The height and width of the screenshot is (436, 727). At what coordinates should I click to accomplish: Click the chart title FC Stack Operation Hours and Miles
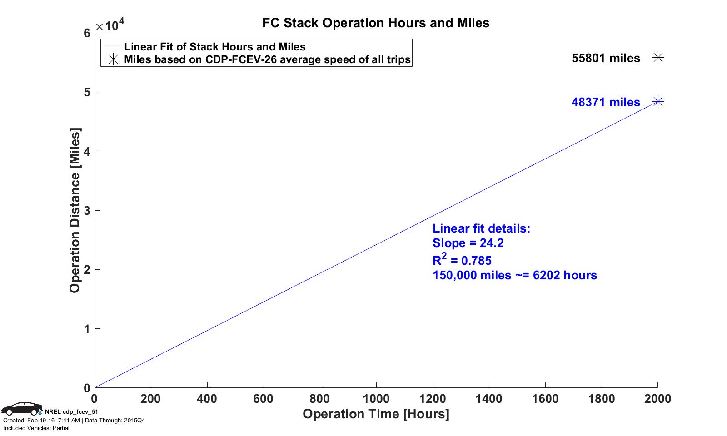tap(376, 23)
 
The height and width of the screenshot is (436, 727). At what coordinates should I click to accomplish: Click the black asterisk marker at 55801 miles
tap(658, 58)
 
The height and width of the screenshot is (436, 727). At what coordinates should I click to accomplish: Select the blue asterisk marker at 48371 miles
tap(658, 102)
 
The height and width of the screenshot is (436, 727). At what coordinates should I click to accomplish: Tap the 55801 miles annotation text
tap(606, 58)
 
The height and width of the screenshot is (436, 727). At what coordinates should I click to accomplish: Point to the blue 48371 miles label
tap(606, 102)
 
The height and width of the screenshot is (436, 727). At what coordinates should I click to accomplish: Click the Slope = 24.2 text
tap(468, 243)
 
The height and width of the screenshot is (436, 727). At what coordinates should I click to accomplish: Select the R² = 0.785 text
tap(462, 260)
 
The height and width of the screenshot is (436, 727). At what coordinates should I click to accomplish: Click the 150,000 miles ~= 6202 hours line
tap(515, 275)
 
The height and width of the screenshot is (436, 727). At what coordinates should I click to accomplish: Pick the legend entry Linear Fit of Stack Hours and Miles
tap(214, 47)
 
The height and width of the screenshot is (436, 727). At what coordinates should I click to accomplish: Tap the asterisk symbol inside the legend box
tap(113, 59)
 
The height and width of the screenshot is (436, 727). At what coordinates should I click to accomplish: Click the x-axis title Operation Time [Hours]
tap(376, 414)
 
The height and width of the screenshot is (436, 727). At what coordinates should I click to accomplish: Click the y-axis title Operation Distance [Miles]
tap(75, 210)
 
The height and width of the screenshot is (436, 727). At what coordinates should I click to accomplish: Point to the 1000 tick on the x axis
tap(376, 399)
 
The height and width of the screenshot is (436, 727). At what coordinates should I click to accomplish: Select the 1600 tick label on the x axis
tap(545, 399)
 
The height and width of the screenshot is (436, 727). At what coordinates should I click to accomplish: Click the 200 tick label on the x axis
tap(150, 399)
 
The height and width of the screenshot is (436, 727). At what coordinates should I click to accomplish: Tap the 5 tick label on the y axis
tap(86, 92)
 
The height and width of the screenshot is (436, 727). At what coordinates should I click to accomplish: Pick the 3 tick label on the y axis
tap(86, 210)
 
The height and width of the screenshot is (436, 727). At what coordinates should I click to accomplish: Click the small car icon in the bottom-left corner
tap(21, 409)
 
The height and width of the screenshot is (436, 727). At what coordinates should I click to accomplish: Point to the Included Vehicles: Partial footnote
tap(36, 428)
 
